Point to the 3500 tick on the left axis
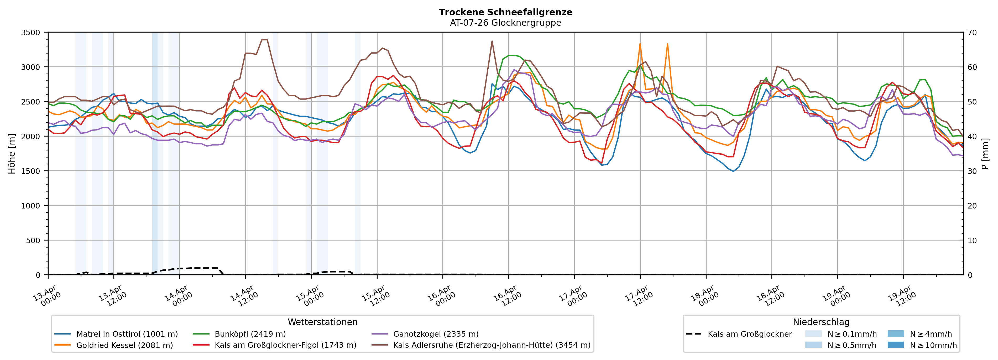31,33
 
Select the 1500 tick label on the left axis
31,171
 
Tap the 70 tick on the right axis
972,33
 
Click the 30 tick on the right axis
972,171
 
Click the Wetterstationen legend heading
322,322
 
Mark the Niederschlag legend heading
821,322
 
